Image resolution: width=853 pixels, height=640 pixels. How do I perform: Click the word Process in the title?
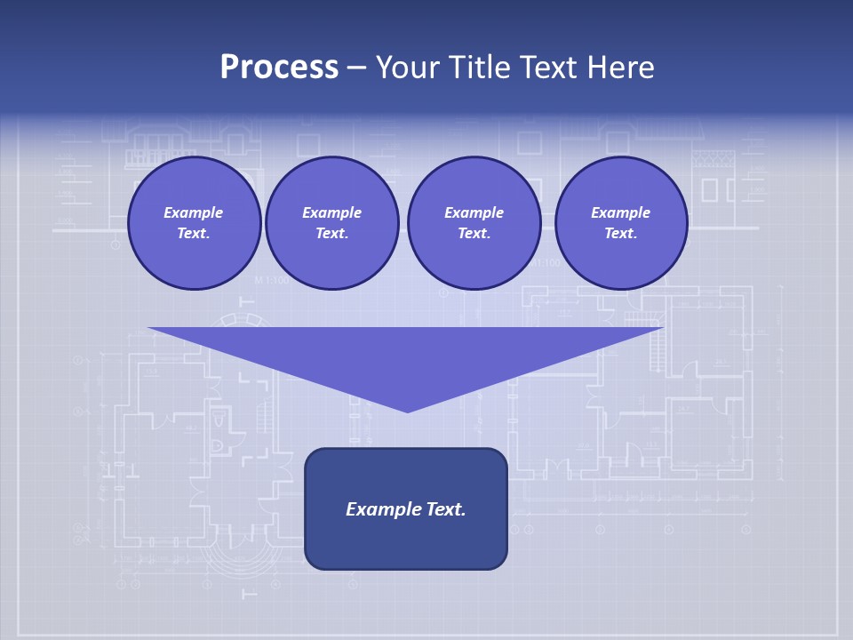tap(279, 68)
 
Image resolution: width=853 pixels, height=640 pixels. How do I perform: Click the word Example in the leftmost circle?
tap(194, 212)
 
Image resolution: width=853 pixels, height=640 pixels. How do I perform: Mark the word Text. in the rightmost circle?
tap(621, 233)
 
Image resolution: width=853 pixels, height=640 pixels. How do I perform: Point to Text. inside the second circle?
tap(332, 233)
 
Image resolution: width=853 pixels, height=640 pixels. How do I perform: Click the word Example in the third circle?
tap(474, 212)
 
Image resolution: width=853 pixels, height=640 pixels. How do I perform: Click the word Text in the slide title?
tap(549, 68)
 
